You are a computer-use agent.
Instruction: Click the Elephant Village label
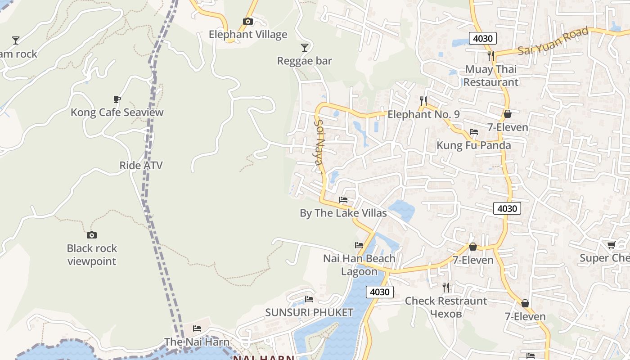(248, 35)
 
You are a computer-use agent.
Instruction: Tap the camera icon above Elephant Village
(247, 21)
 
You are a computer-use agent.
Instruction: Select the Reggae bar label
(305, 61)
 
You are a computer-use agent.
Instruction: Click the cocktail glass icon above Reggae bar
(305, 47)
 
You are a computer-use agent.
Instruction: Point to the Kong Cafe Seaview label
(117, 112)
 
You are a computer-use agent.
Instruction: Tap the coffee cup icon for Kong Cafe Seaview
(117, 99)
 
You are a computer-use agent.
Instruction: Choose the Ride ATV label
(141, 165)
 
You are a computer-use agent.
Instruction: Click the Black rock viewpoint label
(92, 255)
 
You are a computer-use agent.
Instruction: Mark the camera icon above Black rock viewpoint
(92, 235)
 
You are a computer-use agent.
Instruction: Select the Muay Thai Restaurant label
(491, 76)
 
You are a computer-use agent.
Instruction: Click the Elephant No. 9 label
(423, 114)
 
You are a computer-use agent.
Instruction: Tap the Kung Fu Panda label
(474, 145)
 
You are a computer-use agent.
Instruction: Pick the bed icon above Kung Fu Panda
(474, 132)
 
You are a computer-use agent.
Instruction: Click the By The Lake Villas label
(343, 213)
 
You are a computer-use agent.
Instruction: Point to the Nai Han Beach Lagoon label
(359, 265)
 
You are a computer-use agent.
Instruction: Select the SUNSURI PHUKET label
(309, 312)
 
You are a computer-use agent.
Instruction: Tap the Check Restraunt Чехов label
(446, 307)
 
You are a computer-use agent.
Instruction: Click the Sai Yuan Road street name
(553, 41)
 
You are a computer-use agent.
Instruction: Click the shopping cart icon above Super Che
(611, 245)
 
